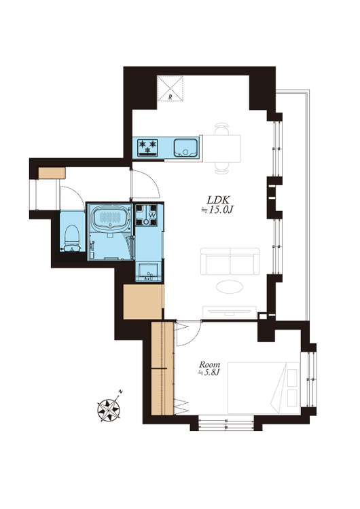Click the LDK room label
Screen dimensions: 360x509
click(219, 200)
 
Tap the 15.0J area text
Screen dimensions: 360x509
click(217, 210)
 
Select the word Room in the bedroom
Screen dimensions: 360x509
click(209, 364)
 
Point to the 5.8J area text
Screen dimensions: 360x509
click(209, 373)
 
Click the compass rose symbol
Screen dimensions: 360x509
click(109, 410)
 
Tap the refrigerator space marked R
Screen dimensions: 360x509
click(170, 89)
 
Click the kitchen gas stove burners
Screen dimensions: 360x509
click(147, 148)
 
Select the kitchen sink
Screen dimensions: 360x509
click(185, 148)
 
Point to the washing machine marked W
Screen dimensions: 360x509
click(146, 215)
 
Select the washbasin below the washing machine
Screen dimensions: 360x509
click(148, 271)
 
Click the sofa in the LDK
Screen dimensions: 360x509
click(230, 261)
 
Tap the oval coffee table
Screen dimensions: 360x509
click(230, 286)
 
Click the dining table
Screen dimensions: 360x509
click(221, 149)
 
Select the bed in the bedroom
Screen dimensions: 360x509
click(264, 388)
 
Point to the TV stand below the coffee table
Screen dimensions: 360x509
click(230, 312)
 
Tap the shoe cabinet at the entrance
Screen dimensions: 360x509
click(52, 173)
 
